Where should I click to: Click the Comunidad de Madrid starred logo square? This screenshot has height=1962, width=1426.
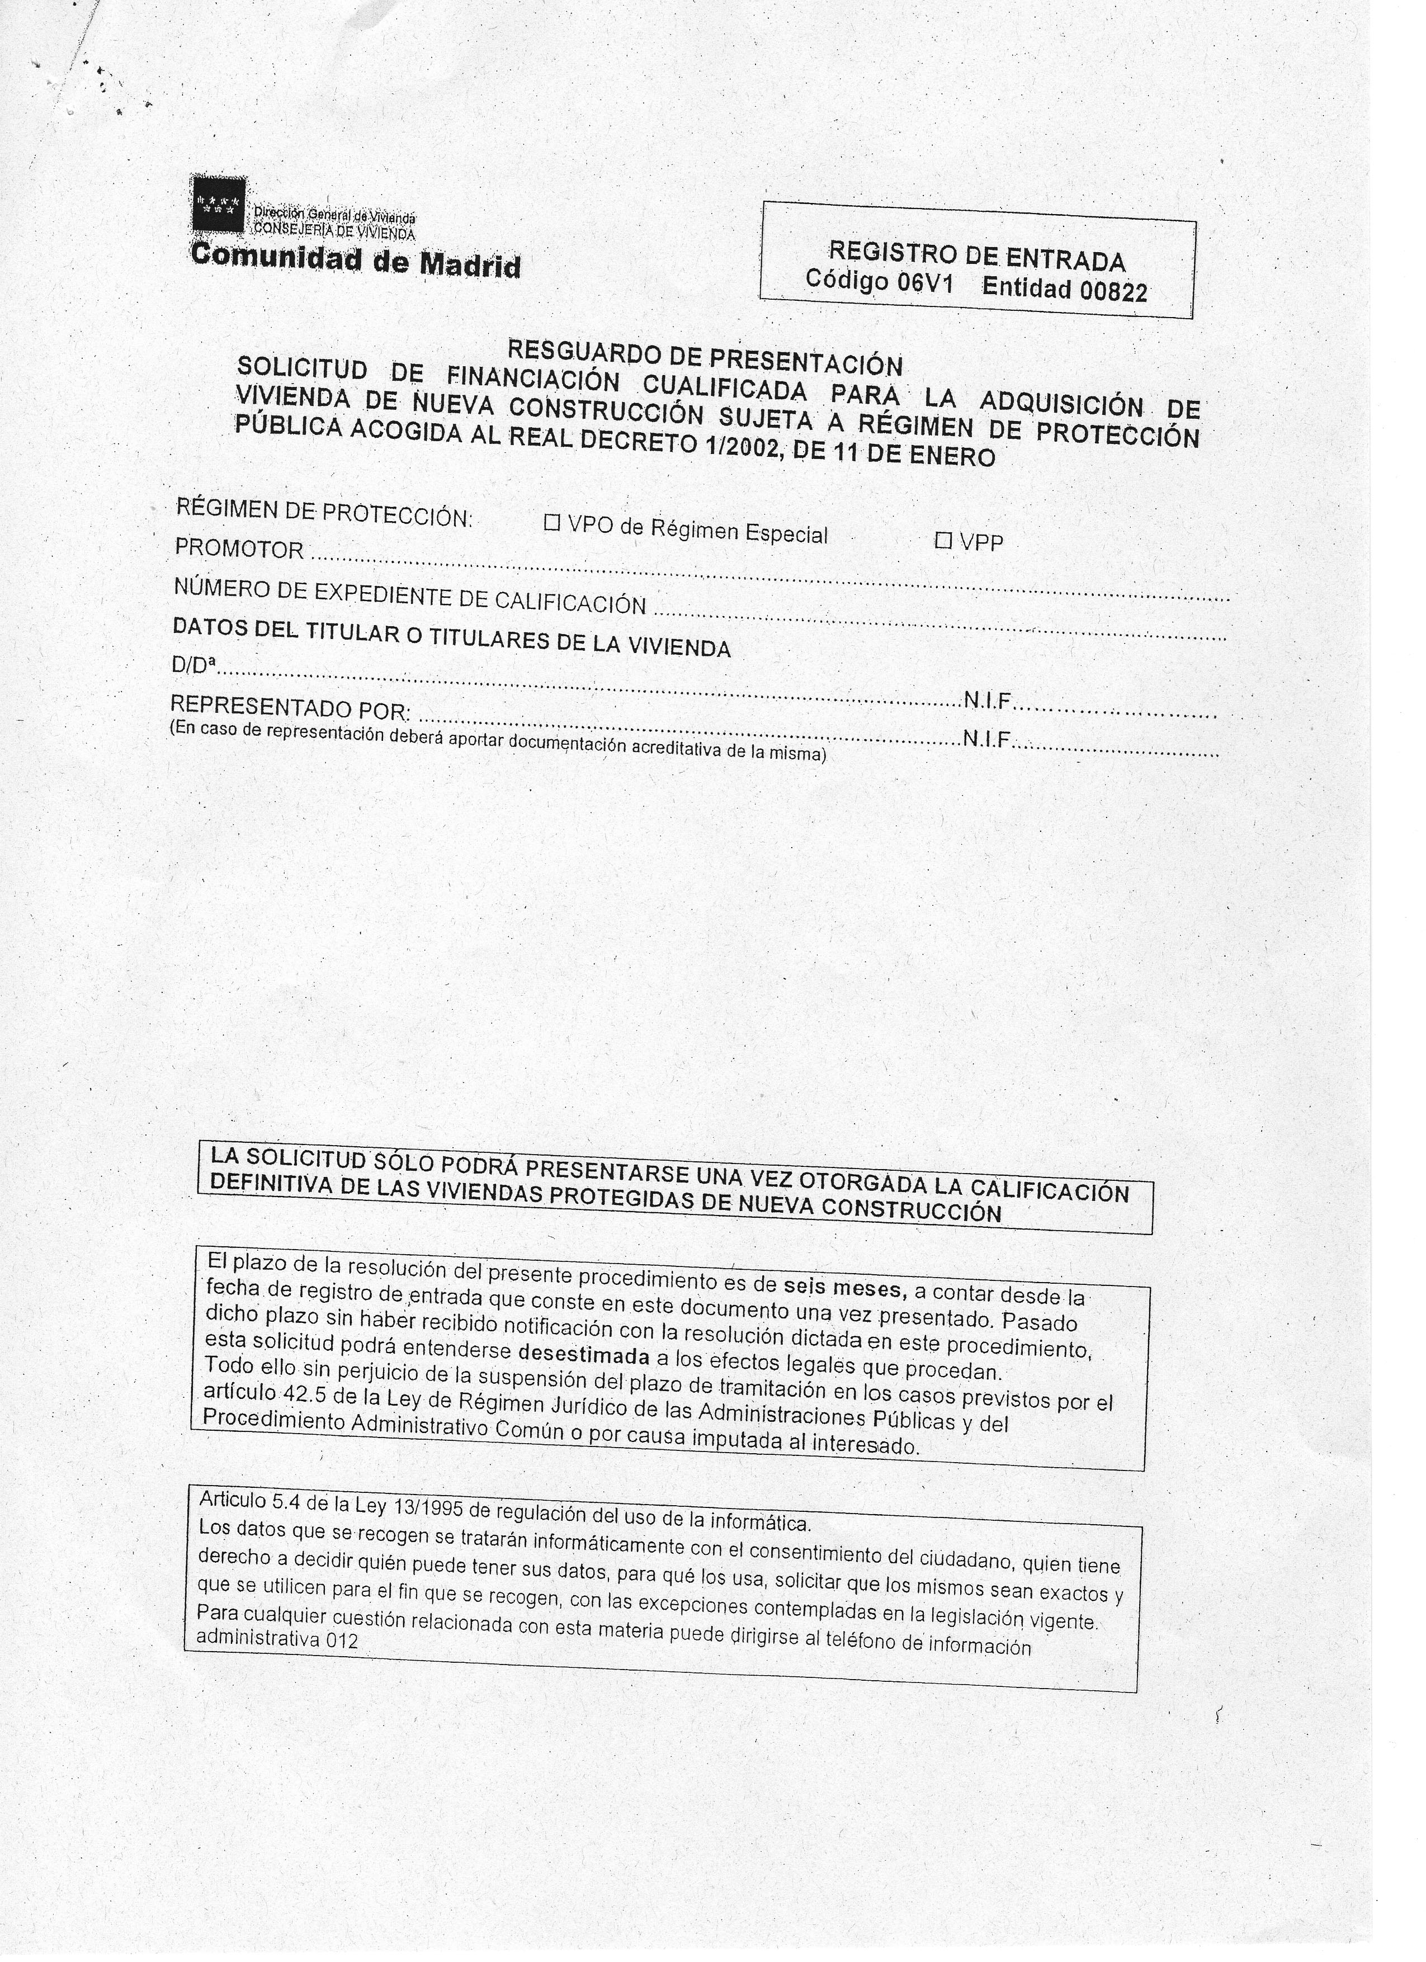coord(217,205)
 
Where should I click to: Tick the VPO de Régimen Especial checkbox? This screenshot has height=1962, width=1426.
coord(552,522)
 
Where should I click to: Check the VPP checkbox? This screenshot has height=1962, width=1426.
coord(943,542)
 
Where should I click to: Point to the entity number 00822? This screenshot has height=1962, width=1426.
coord(1112,291)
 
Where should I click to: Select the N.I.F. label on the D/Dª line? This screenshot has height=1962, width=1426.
coord(988,701)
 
